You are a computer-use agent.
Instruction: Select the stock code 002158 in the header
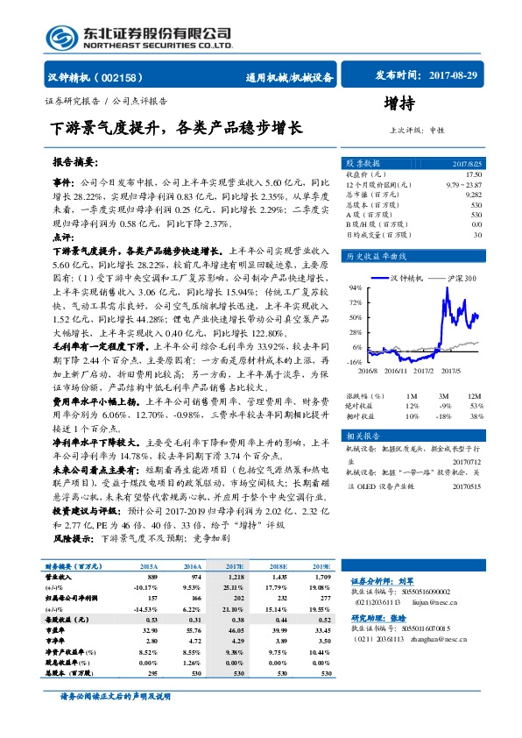tap(129, 77)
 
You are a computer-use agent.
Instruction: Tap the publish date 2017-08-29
tap(449, 76)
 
